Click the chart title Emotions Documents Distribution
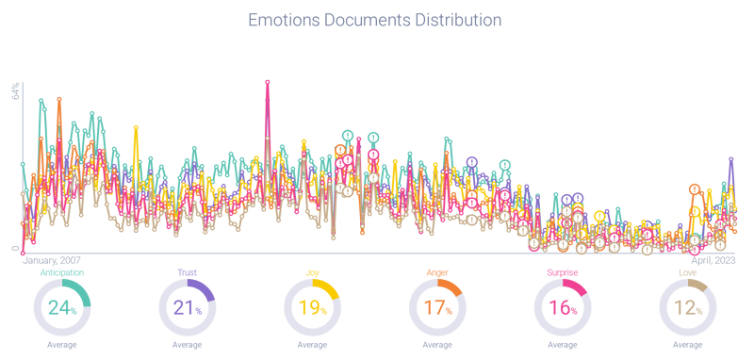click(x=376, y=19)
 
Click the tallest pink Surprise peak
click(x=269, y=81)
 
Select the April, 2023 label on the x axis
click(x=713, y=259)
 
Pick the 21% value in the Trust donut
click(x=185, y=308)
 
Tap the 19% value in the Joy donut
click(x=311, y=308)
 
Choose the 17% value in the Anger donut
click(x=436, y=308)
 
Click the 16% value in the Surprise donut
click(x=562, y=308)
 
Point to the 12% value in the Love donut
click(x=688, y=308)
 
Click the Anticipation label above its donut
click(x=61, y=272)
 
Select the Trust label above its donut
click(x=187, y=272)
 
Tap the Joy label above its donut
click(x=312, y=272)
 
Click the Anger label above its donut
click(x=437, y=272)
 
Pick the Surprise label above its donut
click(x=563, y=272)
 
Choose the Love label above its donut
click(x=688, y=272)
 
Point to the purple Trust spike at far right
click(x=730, y=159)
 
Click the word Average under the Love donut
click(x=688, y=345)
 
